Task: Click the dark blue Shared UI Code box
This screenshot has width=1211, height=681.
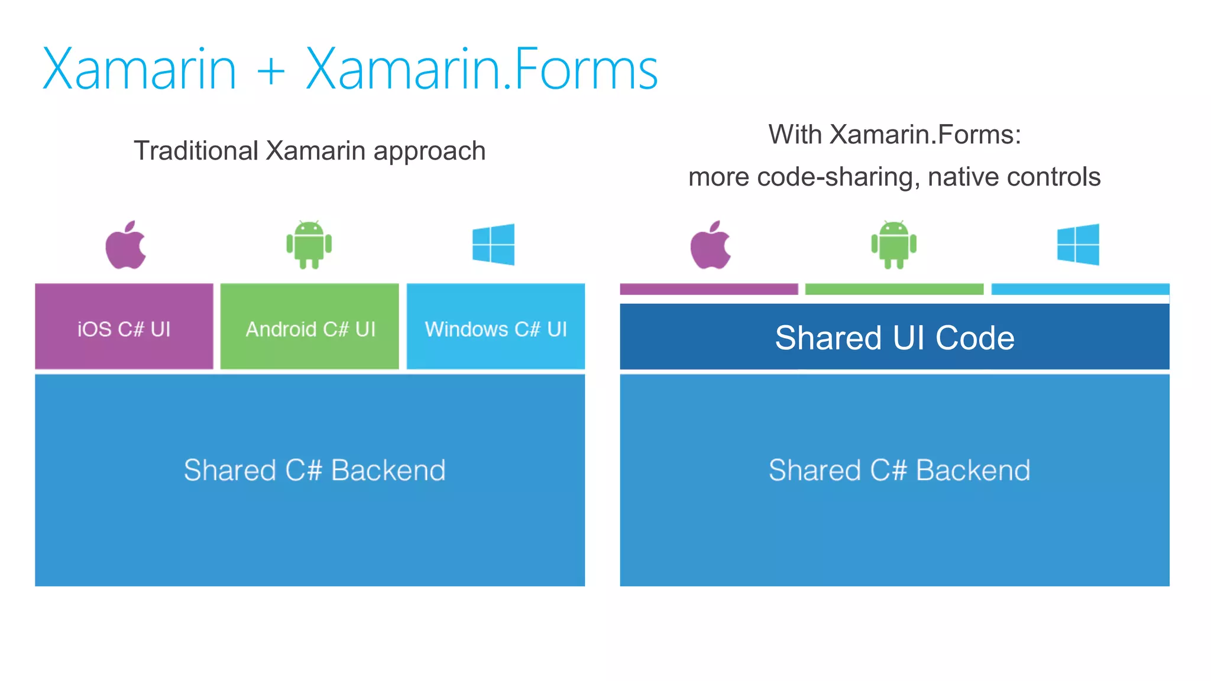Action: [894, 337]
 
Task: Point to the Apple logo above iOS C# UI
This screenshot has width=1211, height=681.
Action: [125, 245]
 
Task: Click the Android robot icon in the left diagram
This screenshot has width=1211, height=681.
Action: [309, 245]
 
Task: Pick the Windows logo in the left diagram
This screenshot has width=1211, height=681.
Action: [493, 244]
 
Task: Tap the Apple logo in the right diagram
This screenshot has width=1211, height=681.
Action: [710, 245]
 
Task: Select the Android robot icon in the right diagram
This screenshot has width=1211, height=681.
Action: [893, 245]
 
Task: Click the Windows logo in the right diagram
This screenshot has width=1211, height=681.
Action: [1078, 244]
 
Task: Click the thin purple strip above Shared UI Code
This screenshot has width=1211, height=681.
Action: [708, 289]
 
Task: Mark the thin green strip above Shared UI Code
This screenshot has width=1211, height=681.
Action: [894, 289]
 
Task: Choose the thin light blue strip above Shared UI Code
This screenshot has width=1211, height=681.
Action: [1080, 289]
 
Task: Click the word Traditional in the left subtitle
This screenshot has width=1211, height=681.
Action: [196, 151]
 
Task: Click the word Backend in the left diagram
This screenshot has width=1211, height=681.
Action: [388, 471]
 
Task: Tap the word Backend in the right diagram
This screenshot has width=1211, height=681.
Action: [973, 471]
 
